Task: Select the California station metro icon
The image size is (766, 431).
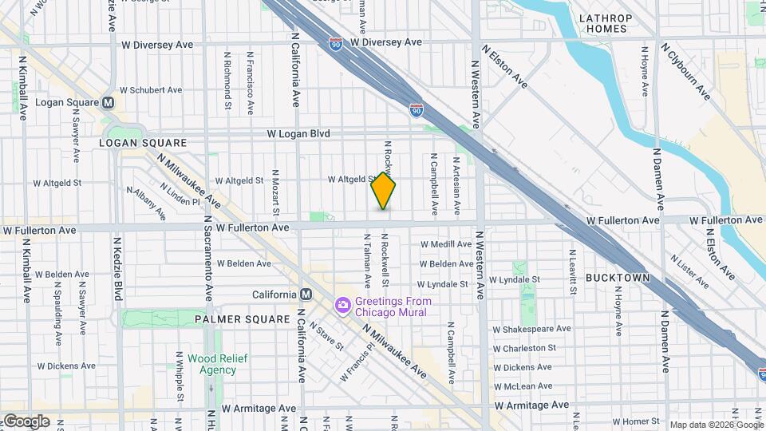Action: point(306,294)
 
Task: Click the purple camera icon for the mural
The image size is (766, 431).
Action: point(343,305)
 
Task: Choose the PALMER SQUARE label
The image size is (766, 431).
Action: point(242,318)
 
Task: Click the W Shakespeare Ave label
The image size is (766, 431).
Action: point(531,328)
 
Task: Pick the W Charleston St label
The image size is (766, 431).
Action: point(524,348)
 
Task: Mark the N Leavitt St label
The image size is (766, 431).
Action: point(573,271)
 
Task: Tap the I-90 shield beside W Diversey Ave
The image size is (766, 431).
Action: point(338,41)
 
